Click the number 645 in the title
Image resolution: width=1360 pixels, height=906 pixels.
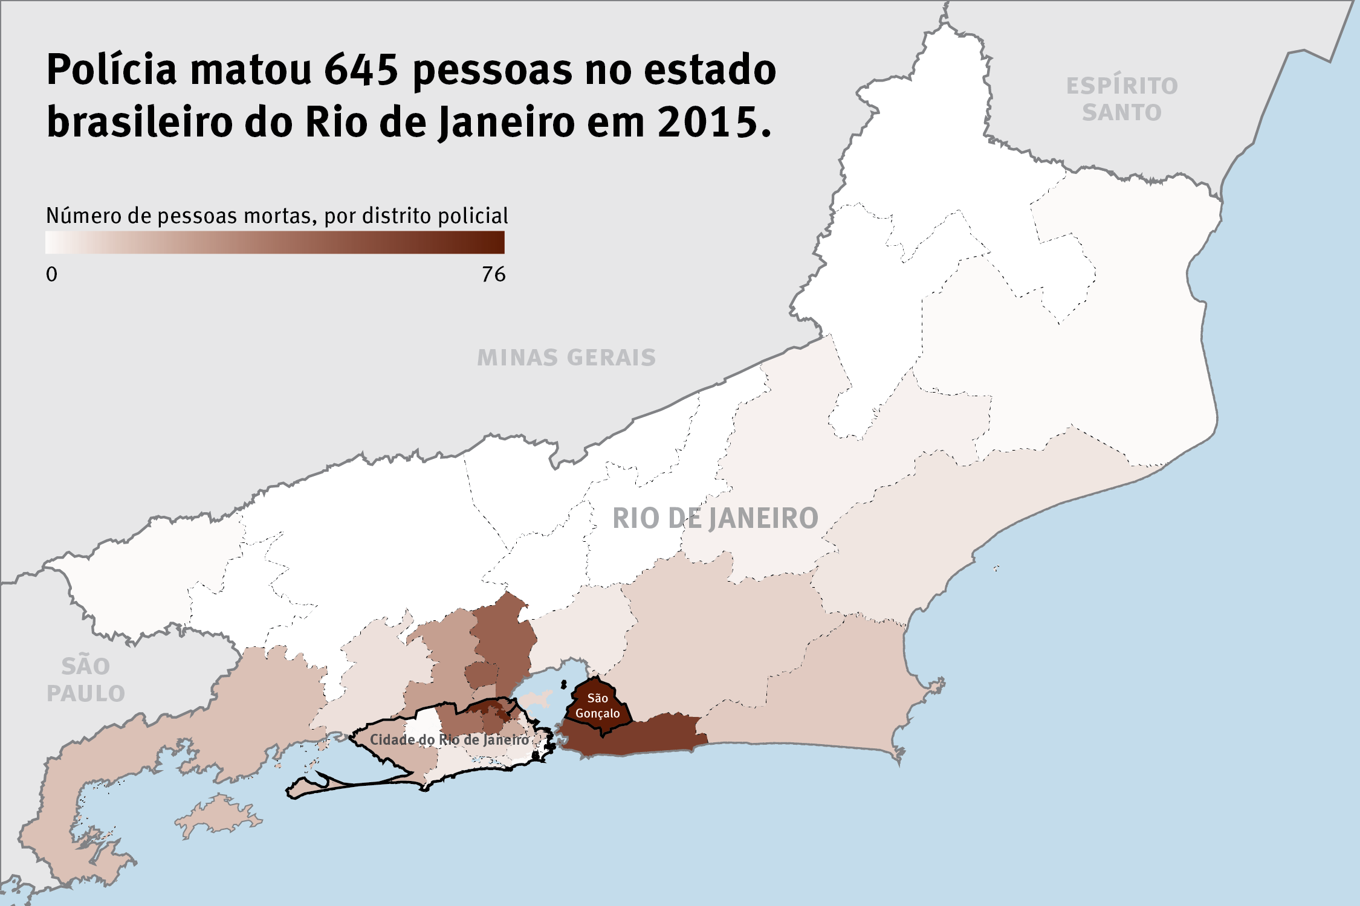coord(361,69)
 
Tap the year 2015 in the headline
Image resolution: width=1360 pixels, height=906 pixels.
coord(713,122)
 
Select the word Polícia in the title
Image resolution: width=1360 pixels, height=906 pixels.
coord(112,69)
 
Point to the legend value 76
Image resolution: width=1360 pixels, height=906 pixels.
coord(493,275)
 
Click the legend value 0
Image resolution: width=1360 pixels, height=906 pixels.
coord(52,275)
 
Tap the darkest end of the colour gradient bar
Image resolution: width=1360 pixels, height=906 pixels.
coord(499,242)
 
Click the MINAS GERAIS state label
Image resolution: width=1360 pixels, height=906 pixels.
coord(566,358)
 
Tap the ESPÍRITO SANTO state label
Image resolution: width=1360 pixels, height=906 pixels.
coord(1122,99)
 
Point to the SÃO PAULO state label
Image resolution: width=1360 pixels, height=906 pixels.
coord(86,680)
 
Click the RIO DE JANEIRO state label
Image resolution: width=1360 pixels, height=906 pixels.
coord(715,518)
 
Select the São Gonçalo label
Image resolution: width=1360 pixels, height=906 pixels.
coord(597,705)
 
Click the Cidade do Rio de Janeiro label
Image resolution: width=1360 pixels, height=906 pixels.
coord(449,740)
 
